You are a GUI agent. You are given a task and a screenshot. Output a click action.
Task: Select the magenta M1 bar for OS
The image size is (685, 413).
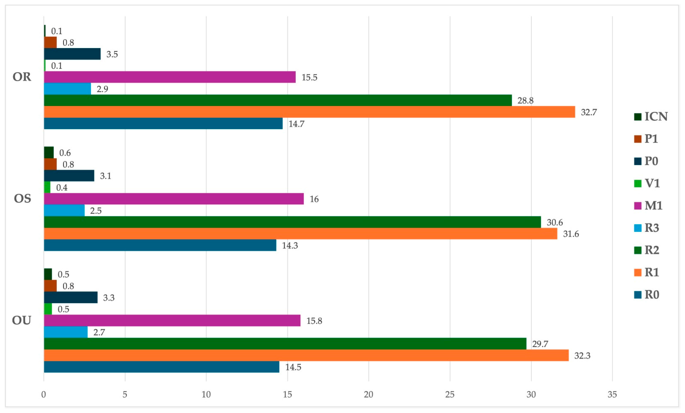pyautogui.click(x=174, y=199)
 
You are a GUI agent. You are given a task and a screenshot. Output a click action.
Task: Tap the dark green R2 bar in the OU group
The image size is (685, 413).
pyautogui.click(x=285, y=344)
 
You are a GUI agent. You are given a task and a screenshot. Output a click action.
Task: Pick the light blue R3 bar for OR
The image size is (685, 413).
pyautogui.click(x=67, y=89)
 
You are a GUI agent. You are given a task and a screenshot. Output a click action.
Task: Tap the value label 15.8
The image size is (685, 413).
pyautogui.click(x=314, y=321)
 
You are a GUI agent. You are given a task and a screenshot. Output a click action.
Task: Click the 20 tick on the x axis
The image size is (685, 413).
pyautogui.click(x=369, y=394)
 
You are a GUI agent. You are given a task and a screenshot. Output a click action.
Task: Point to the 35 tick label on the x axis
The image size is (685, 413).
pyautogui.click(x=612, y=394)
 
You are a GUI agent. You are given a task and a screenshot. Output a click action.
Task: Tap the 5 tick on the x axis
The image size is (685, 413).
pyautogui.click(x=125, y=394)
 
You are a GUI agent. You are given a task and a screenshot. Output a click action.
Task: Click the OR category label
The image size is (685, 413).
pyautogui.click(x=22, y=77)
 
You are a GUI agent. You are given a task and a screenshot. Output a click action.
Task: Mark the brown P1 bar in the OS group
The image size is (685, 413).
pyautogui.click(x=50, y=164)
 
